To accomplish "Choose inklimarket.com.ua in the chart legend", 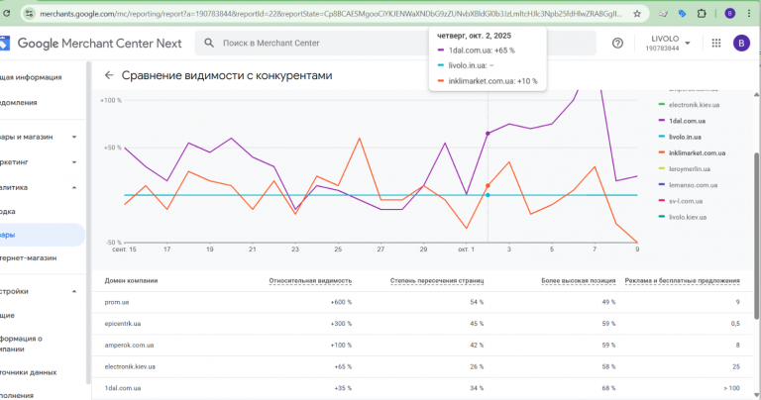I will tap(697, 152).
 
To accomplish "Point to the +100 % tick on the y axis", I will tap(111, 100).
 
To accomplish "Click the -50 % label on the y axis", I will tap(113, 242).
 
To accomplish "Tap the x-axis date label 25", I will tap(338, 250).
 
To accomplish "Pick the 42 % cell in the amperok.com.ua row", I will tap(476, 345).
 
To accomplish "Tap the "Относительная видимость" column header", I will tap(309, 280).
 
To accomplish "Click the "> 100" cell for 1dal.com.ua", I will tap(731, 388).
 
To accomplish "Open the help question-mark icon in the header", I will tap(617, 43).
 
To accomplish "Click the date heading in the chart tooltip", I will tap(473, 36).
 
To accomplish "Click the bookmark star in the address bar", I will tap(636, 14).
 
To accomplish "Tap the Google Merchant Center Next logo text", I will tap(99, 44).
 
